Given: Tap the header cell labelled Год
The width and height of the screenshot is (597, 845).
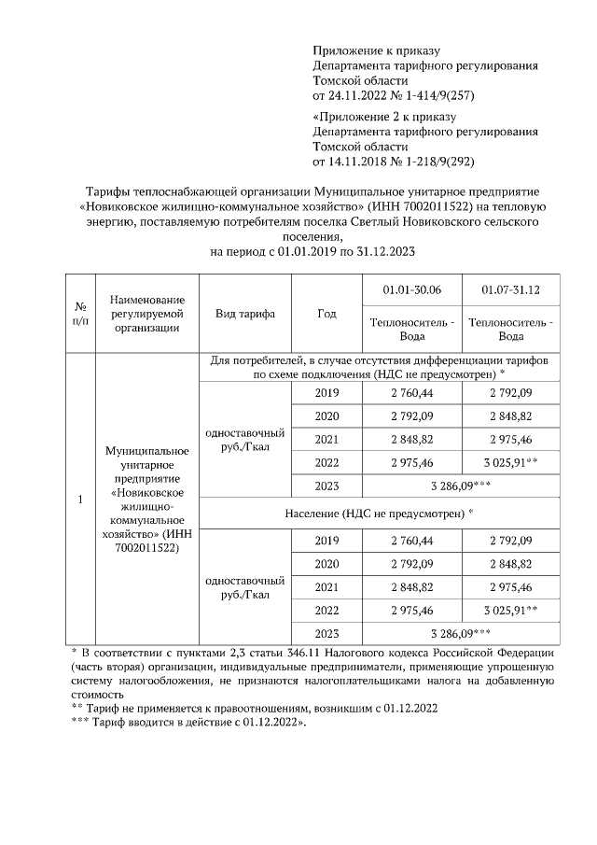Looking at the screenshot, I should pyautogui.click(x=326, y=314).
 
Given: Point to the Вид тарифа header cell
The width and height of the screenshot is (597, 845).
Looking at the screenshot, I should pyautogui.click(x=245, y=314).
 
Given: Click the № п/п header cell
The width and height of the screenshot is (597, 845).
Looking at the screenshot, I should pyautogui.click(x=81, y=314).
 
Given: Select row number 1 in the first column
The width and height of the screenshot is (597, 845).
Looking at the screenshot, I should pyautogui.click(x=81, y=500).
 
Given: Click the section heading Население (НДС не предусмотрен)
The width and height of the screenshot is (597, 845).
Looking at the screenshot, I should pyautogui.click(x=379, y=513).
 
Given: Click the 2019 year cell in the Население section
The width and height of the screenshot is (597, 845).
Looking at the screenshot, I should pyautogui.click(x=326, y=541).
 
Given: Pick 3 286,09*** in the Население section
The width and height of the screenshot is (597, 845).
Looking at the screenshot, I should pyautogui.click(x=460, y=633).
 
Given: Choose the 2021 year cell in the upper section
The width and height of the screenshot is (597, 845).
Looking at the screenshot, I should pyautogui.click(x=326, y=438).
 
